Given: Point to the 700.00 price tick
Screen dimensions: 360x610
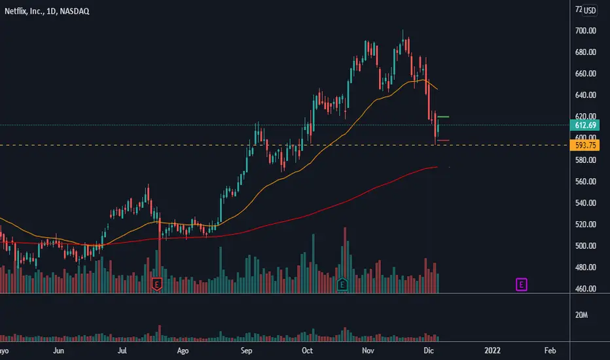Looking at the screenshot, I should (x=585, y=31).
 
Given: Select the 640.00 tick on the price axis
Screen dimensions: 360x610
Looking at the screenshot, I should (x=585, y=95).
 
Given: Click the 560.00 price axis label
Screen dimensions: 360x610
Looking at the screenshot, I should (x=585, y=181).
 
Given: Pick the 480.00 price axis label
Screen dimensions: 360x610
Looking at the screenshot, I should (x=585, y=268).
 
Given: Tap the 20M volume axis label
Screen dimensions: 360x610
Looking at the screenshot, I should (x=581, y=315).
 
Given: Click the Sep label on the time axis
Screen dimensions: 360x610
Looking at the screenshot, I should (x=246, y=350).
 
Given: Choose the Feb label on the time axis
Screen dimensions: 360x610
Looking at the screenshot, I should (x=550, y=350).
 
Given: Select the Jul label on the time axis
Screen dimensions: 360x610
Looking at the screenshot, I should (x=122, y=350).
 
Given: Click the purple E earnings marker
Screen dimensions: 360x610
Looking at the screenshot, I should (x=522, y=284).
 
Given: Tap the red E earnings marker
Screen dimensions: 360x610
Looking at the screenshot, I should (x=156, y=284).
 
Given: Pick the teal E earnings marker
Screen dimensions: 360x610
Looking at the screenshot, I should (x=343, y=284).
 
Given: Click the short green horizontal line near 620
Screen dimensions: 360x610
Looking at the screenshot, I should (x=442, y=117).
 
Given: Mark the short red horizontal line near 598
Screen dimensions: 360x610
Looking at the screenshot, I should (x=442, y=140).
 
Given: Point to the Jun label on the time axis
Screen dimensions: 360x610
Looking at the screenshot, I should (x=59, y=350).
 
